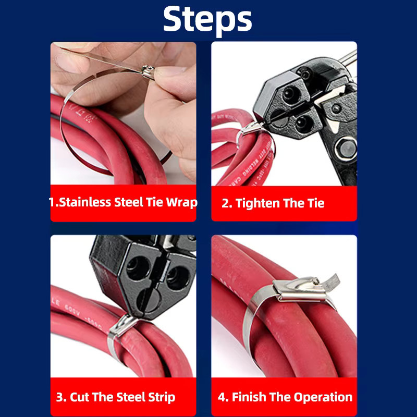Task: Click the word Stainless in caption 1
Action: click(x=84, y=202)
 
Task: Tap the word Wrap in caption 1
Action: click(x=181, y=203)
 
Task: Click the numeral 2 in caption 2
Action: click(x=226, y=203)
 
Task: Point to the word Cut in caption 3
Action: click(x=80, y=397)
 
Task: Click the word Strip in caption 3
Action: click(x=162, y=398)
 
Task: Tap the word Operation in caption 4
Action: click(x=323, y=397)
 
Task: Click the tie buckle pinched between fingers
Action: click(x=148, y=72)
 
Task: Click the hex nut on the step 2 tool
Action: click(x=346, y=149)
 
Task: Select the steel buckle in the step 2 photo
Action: click(x=250, y=129)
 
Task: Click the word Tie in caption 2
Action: click(x=316, y=203)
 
